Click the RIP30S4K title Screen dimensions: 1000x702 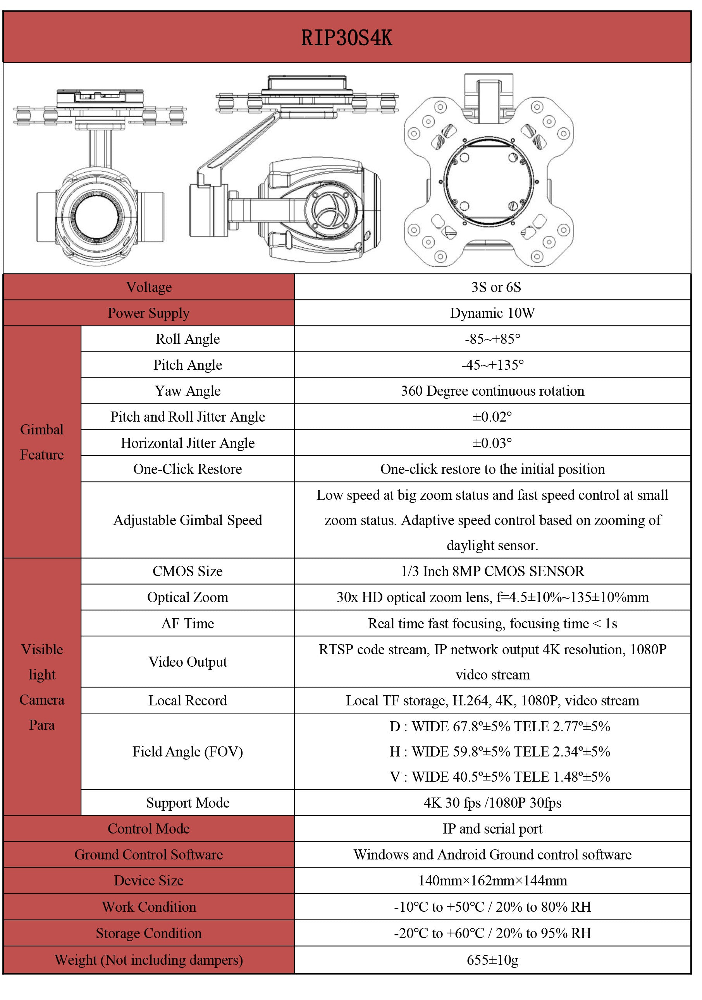point(346,38)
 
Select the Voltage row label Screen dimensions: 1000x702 point(149,287)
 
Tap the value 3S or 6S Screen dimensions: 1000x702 point(496,287)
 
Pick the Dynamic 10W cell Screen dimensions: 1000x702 point(492,313)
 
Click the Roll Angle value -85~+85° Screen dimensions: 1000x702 point(492,339)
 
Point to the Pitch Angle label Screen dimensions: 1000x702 point(188,365)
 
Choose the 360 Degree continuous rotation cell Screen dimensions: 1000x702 point(492,391)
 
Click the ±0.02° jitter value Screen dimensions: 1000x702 point(492,417)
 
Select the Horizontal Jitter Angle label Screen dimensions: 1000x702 point(188,443)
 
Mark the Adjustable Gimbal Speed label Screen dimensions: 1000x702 point(188,520)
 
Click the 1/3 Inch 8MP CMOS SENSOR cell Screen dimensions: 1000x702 point(492,571)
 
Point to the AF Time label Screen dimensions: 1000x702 point(188,623)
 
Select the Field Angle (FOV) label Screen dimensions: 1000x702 point(188,751)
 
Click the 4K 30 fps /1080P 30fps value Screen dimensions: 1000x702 point(492,803)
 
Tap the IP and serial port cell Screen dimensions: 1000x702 point(492,828)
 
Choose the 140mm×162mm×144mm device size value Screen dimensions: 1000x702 point(492,880)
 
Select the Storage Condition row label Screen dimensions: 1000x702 point(149,933)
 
